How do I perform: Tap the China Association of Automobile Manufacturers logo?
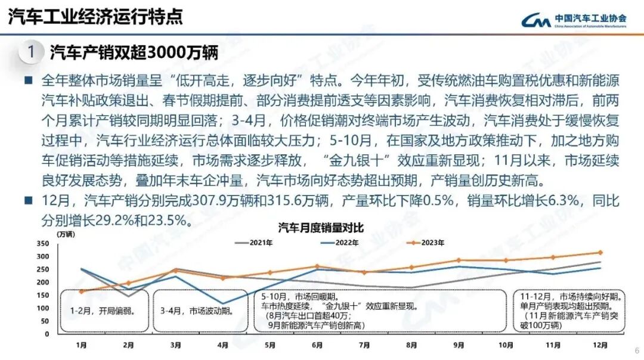(573, 20)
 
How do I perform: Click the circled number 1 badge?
(31, 52)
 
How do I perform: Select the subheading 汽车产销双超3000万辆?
(134, 52)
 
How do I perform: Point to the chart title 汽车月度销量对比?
(321, 227)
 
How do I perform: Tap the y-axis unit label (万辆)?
(66, 234)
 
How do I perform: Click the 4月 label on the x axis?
(222, 345)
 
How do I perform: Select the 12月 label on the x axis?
(600, 345)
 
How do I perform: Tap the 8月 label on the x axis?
(411, 345)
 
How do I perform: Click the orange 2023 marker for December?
(600, 252)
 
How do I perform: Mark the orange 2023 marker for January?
(81, 291)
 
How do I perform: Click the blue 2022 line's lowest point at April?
(222, 304)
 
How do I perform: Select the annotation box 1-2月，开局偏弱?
(104, 311)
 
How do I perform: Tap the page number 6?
(636, 350)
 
